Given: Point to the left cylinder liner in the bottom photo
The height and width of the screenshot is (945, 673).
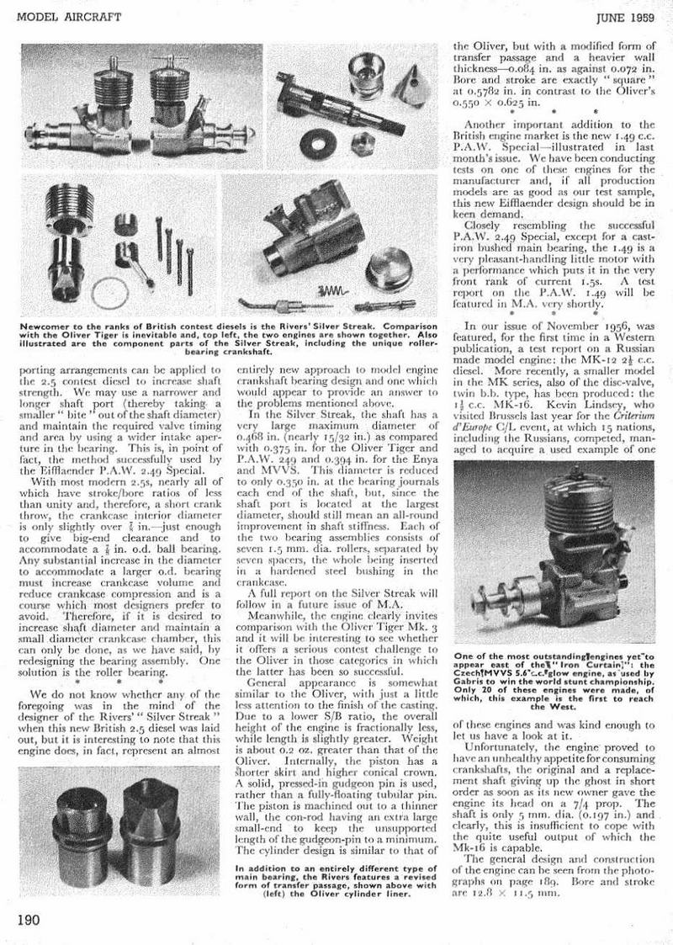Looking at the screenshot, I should (x=82, y=809).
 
